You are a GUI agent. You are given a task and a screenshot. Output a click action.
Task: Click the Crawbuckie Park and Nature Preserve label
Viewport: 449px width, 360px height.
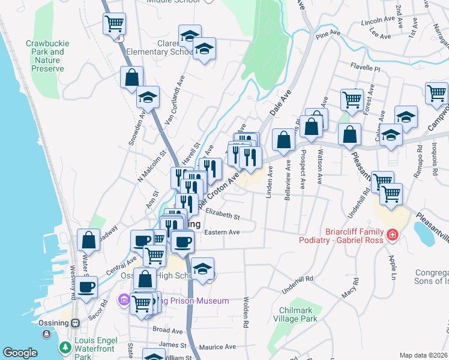tap(47, 56)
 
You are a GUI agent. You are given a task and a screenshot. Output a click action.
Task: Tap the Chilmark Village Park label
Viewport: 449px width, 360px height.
tap(298, 314)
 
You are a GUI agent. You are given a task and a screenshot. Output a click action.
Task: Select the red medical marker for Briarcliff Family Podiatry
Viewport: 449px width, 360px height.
tap(393, 235)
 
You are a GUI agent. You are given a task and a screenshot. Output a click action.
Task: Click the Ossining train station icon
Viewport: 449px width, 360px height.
tap(76, 322)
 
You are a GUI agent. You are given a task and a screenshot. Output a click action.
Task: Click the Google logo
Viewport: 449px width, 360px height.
tap(20, 353)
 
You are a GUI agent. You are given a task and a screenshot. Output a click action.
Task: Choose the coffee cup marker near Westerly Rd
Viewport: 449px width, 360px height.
tap(86, 287)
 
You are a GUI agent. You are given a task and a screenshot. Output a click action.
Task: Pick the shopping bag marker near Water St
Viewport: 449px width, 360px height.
tap(88, 240)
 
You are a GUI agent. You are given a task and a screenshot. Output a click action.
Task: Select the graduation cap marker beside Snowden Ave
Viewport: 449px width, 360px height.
tap(146, 97)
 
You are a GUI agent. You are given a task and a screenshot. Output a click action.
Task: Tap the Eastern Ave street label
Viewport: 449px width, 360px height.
tap(221, 232)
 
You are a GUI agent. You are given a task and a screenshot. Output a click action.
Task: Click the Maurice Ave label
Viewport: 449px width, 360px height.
tap(217, 347)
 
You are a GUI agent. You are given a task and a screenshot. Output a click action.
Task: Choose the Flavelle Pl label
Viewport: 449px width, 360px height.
tap(366, 68)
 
